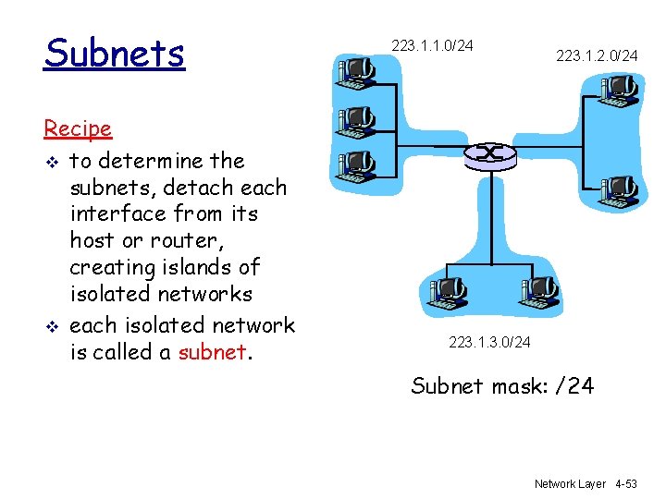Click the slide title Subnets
tap(115, 54)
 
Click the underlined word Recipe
tap(78, 128)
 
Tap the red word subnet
tap(212, 352)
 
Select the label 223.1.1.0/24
tap(432, 44)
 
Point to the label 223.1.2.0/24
tap(597, 56)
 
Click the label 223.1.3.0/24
tap(489, 343)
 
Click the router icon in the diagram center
tap(489, 154)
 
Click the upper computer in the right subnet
tap(617, 91)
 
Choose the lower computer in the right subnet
tap(617, 190)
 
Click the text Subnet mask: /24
tap(502, 385)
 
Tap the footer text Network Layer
tap(570, 483)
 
